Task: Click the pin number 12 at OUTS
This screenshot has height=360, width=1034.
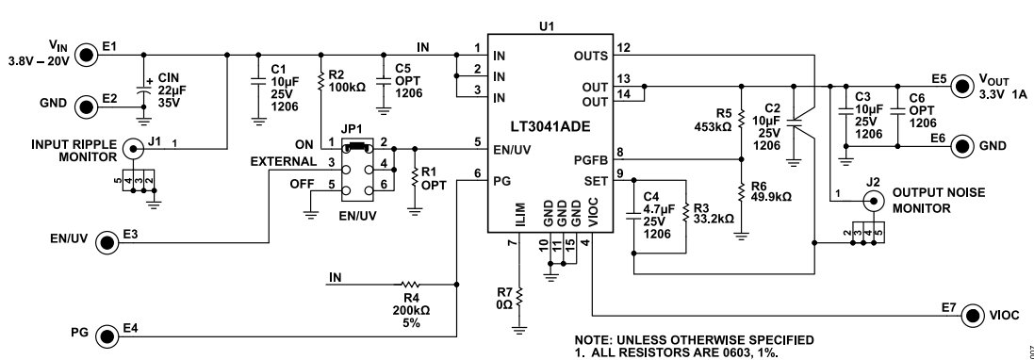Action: tap(622, 47)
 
